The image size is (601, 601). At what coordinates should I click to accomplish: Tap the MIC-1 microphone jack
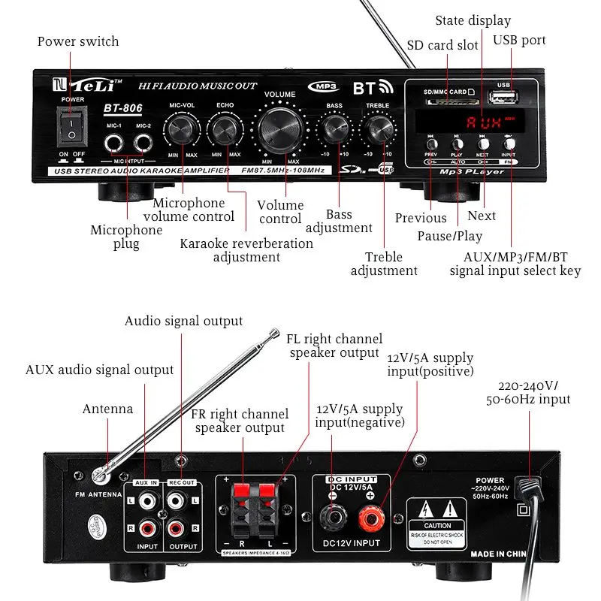114,143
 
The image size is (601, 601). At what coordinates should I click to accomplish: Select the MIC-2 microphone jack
143,143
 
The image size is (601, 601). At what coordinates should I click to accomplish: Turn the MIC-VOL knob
183,129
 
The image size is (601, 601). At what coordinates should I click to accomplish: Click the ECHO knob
224,129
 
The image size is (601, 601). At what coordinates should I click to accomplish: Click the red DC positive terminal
370,517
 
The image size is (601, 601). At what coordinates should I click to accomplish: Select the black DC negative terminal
331,517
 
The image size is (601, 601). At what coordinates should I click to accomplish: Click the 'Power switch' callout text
78,41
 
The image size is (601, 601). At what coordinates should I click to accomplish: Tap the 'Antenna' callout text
107,409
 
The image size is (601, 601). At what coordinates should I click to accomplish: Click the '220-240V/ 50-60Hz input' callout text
528,391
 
